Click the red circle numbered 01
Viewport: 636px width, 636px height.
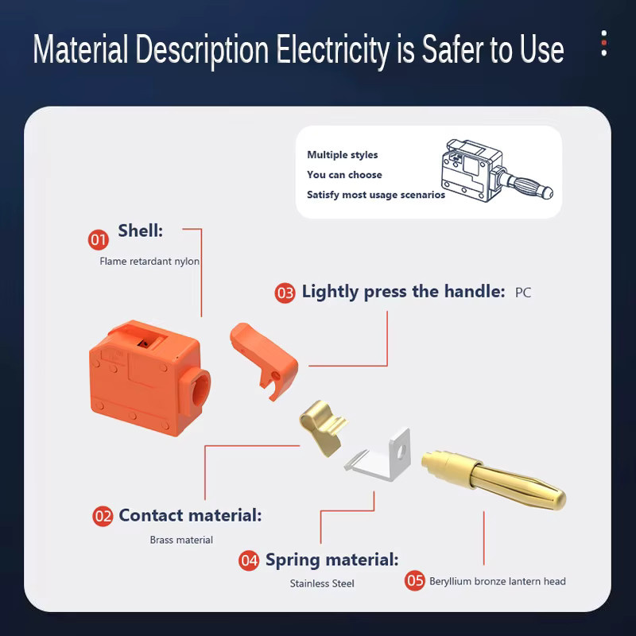(x=98, y=240)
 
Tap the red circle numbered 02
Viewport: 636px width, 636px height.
(x=103, y=516)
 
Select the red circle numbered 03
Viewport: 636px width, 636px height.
(x=285, y=293)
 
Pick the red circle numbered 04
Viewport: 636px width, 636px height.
(x=249, y=560)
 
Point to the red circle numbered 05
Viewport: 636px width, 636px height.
(x=414, y=580)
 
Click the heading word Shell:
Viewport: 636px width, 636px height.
(x=141, y=231)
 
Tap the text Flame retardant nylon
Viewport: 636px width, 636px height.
(x=149, y=262)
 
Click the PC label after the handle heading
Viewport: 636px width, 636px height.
(x=523, y=293)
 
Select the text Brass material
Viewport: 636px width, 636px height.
(x=181, y=540)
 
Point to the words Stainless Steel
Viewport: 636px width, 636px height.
(x=322, y=584)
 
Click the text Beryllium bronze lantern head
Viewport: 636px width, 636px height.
(x=498, y=581)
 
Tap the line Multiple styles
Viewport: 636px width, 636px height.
(x=343, y=154)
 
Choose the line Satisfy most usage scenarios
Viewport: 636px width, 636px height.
(x=376, y=195)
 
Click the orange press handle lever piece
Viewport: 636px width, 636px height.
(x=264, y=357)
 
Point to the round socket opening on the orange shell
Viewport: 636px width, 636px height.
(x=200, y=389)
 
